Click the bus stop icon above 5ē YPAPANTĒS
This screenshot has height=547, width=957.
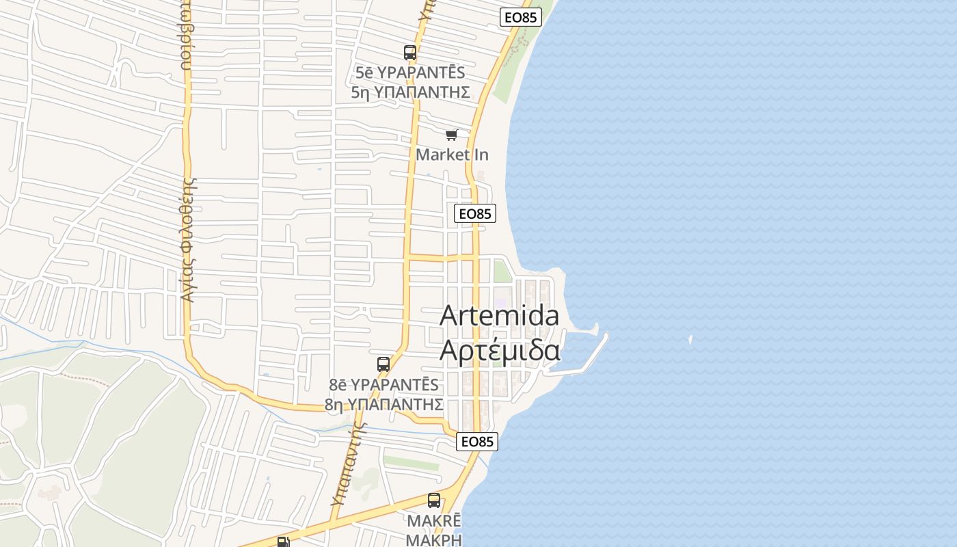(x=410, y=53)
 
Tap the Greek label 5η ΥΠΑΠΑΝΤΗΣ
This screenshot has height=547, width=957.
(x=410, y=92)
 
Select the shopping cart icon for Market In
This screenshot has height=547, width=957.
(x=451, y=135)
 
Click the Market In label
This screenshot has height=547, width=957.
(x=453, y=155)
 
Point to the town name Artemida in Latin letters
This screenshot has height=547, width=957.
(x=499, y=315)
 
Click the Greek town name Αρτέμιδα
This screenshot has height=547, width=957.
(x=500, y=350)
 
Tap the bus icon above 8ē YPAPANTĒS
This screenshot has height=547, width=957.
(x=383, y=364)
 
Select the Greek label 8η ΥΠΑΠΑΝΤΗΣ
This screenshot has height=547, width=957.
(x=384, y=404)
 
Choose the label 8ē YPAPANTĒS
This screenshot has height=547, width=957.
(x=384, y=384)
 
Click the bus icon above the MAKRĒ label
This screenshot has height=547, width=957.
(x=434, y=501)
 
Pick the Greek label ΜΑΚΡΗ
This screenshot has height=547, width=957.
(x=433, y=539)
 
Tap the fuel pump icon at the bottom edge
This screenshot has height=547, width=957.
(x=283, y=542)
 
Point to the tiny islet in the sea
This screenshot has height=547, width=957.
(x=690, y=338)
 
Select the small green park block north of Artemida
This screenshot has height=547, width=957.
(x=502, y=271)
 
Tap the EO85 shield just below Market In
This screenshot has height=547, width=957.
(x=474, y=213)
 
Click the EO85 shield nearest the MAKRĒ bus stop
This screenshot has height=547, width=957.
(x=477, y=442)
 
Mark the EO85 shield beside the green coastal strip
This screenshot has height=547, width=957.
(x=521, y=17)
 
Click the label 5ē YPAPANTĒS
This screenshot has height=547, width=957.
(x=410, y=72)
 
